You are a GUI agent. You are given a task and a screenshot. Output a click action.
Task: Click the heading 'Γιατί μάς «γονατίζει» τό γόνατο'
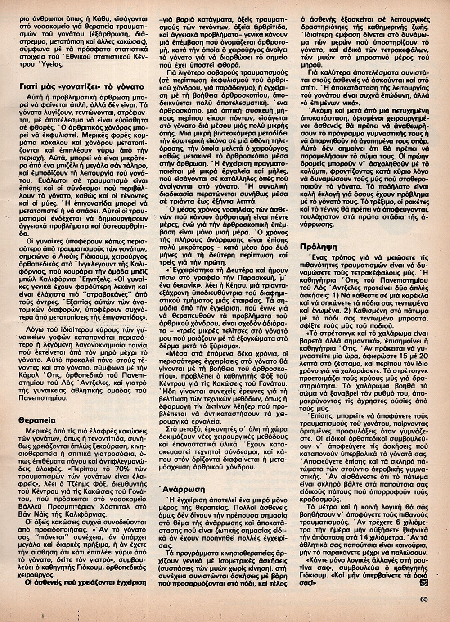79,86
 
